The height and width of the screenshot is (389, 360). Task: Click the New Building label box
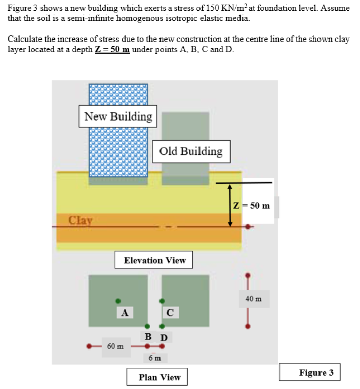coord(118,116)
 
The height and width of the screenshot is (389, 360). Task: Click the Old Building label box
coord(190,151)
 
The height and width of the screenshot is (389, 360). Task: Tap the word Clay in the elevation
coord(81,220)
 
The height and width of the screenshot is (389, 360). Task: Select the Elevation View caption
coord(155,260)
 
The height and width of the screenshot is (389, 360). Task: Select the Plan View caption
coord(159,377)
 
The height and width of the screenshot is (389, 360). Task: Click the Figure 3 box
coord(316,373)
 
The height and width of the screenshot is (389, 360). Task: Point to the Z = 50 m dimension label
coord(253,206)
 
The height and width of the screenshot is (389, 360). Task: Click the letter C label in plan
coord(170,312)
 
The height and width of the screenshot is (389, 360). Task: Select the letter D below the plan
coord(164,337)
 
